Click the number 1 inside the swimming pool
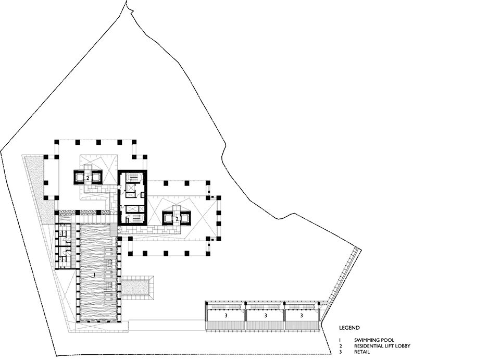(x=95, y=274)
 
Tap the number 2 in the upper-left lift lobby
(x=87, y=178)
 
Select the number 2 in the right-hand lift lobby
(x=177, y=219)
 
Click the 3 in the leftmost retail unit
(x=226, y=316)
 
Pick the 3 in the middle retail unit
(x=265, y=316)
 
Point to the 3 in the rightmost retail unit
(x=302, y=316)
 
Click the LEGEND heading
(x=349, y=328)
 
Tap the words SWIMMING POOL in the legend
(x=374, y=340)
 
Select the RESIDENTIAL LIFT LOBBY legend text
(x=382, y=346)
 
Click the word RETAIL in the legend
(x=362, y=352)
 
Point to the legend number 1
(x=340, y=340)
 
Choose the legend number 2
(x=341, y=346)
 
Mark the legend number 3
(x=341, y=352)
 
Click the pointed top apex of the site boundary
(x=127, y=1)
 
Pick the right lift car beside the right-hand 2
(x=186, y=218)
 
